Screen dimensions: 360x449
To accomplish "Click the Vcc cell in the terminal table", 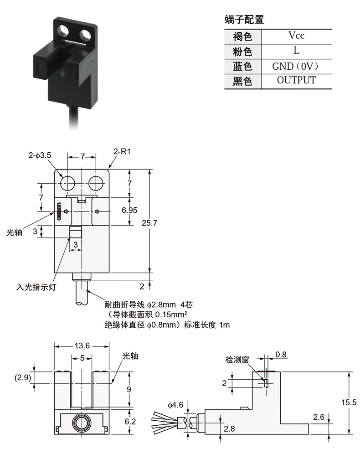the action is tap(297, 36).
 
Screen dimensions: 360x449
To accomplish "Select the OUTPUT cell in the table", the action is tap(297, 80).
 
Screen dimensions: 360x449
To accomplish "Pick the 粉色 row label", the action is tap(242, 52).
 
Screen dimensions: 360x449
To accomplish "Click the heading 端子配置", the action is tap(244, 20).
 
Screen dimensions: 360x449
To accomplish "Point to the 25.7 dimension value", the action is tap(149, 223).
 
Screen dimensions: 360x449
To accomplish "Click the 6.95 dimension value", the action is tap(129, 210).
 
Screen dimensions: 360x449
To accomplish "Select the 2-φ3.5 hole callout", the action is tap(40, 155).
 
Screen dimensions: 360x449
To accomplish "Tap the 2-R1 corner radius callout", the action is tap(122, 151).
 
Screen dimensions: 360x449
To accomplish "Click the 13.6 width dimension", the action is tap(82, 346).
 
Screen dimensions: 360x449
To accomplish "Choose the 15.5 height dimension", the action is tap(349, 403).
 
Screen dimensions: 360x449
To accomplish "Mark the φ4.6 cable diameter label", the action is tap(175, 405).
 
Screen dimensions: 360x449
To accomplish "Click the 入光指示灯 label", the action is tap(36, 287).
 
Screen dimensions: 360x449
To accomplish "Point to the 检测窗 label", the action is tap(237, 360).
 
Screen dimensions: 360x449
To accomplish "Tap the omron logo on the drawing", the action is tap(59, 212).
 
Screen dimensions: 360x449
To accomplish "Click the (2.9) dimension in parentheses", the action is tap(23, 377).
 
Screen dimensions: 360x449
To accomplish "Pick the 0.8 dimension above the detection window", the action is tap(281, 355).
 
